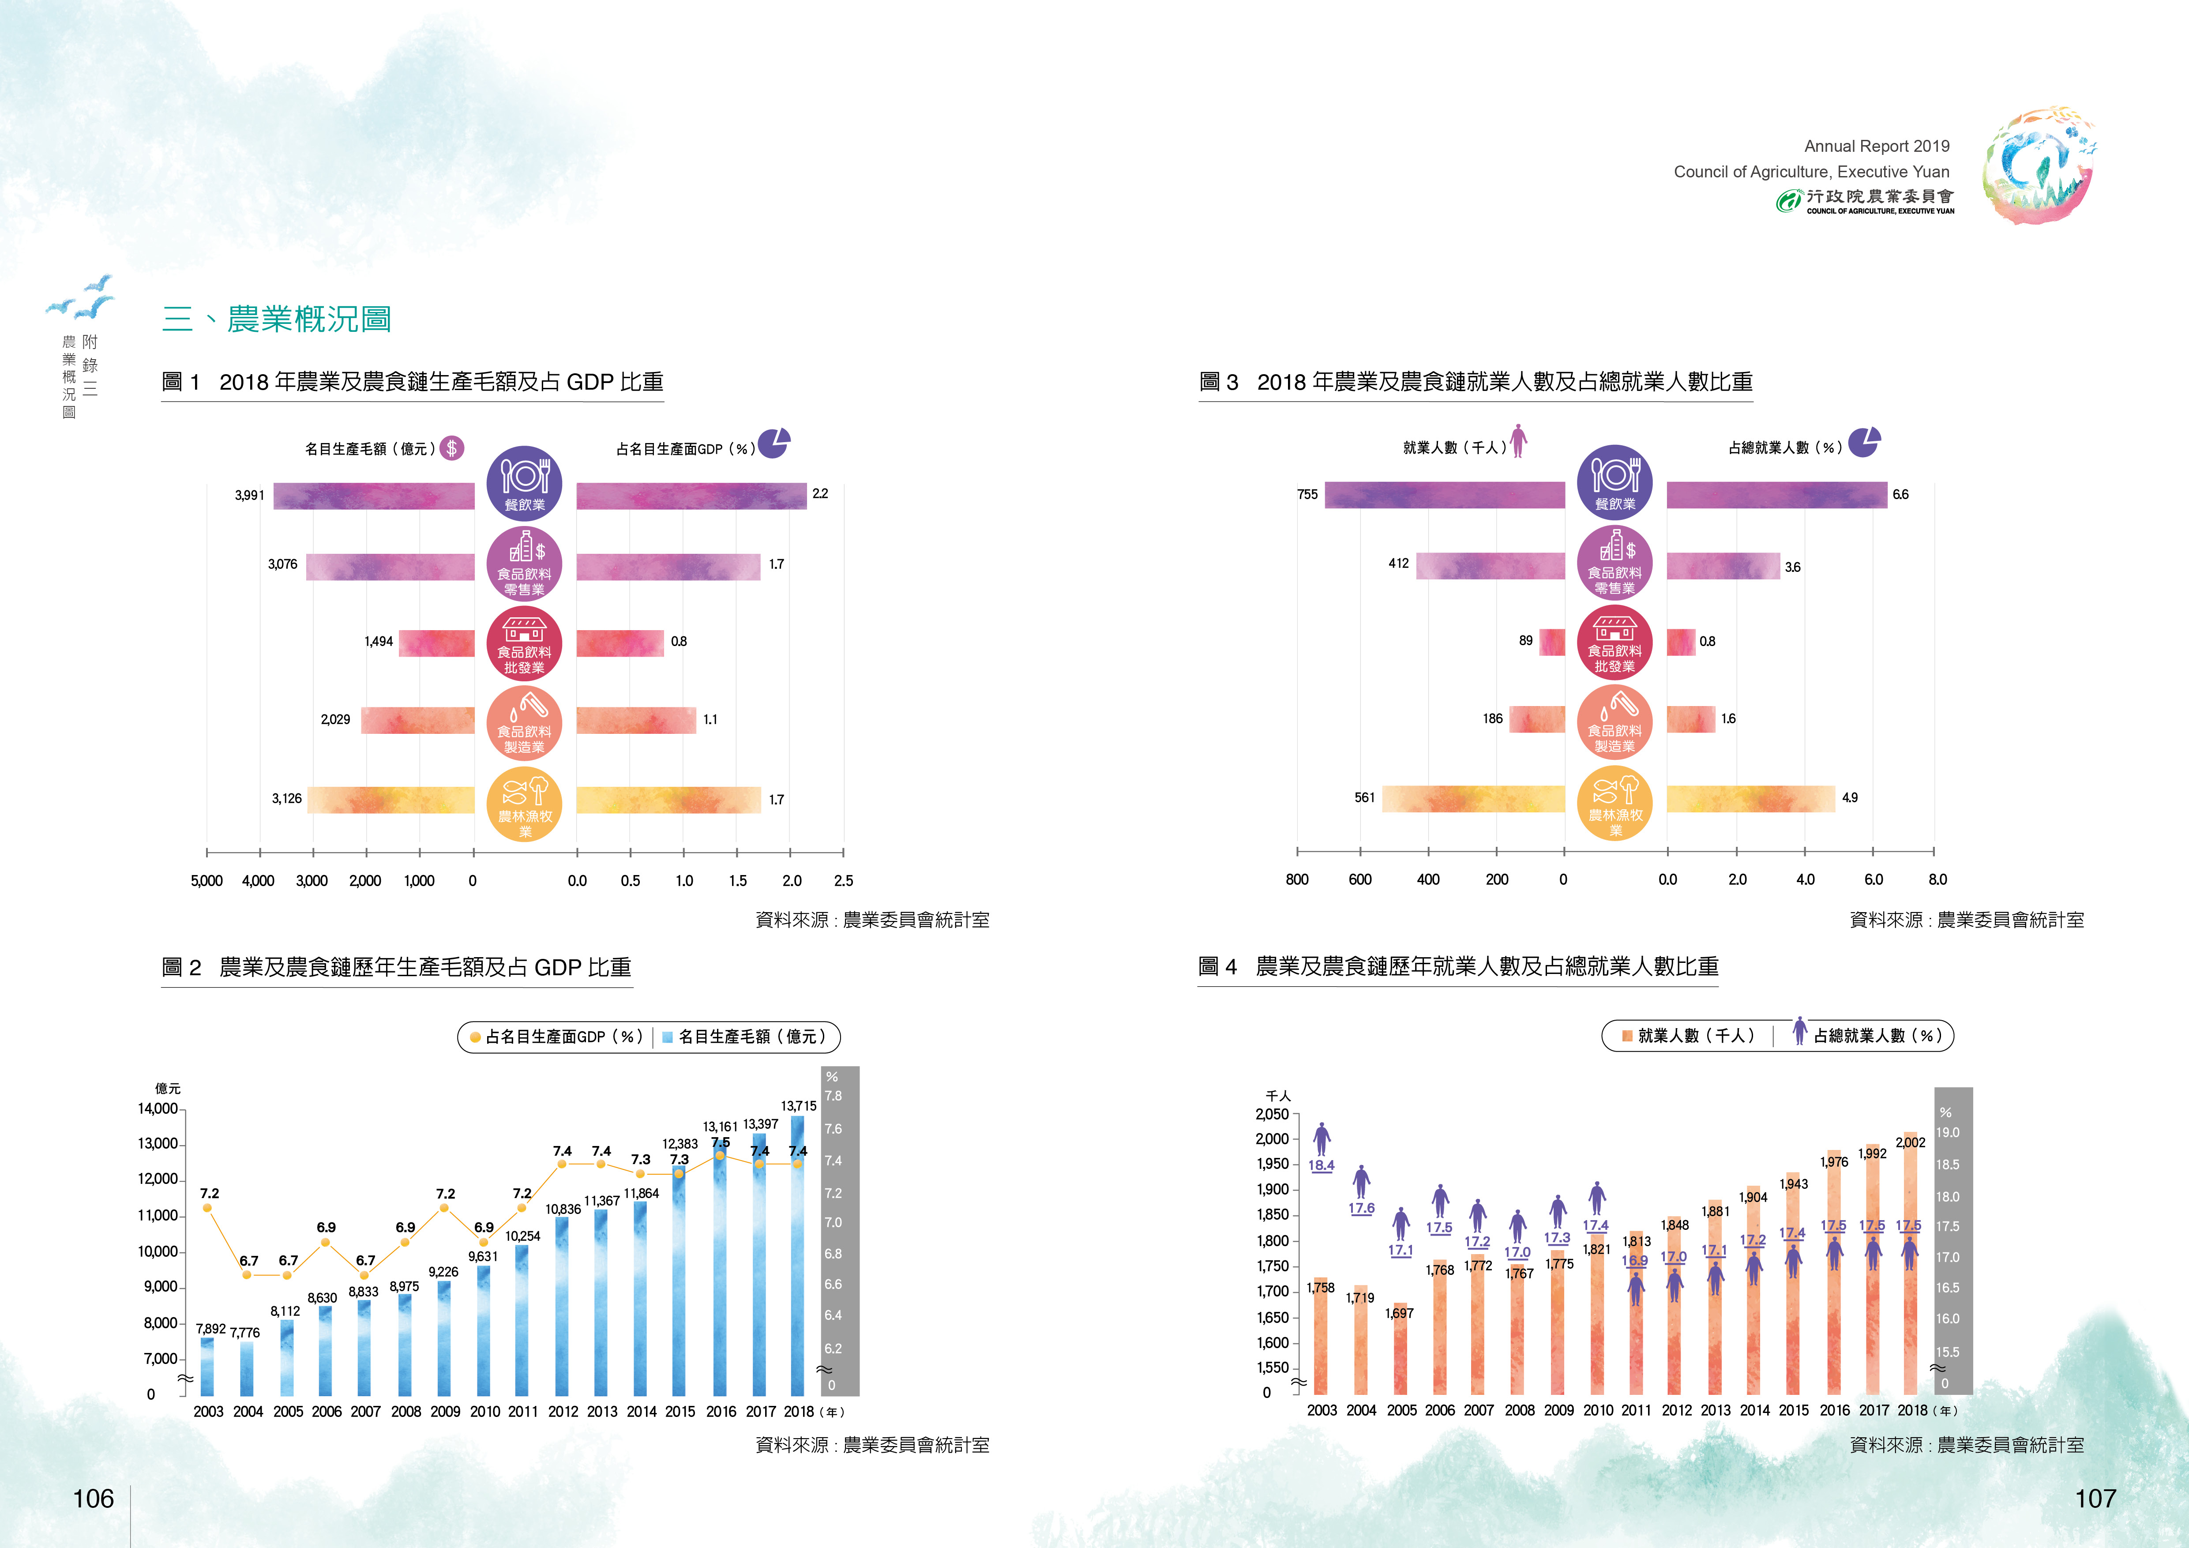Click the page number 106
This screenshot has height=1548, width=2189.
tap(94, 1499)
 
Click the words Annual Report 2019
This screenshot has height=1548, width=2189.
tap(1876, 146)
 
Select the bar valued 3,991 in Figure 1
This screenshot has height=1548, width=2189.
tap(374, 496)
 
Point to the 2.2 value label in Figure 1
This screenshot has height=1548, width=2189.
tap(820, 494)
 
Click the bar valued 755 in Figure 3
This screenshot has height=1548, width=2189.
tap(1444, 495)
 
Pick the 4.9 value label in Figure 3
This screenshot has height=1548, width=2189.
tap(1850, 798)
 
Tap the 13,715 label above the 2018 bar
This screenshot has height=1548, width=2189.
tap(798, 1106)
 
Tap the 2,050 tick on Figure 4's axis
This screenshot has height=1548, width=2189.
tap(1272, 1114)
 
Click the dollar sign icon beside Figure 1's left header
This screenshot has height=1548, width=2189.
tap(452, 448)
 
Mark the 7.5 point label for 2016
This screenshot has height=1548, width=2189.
tap(720, 1142)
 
